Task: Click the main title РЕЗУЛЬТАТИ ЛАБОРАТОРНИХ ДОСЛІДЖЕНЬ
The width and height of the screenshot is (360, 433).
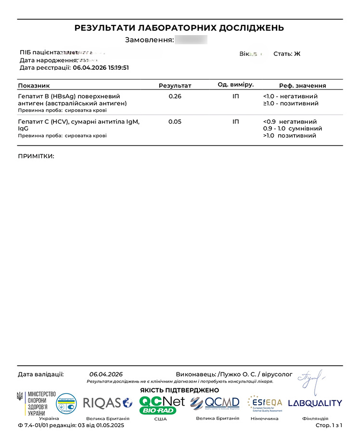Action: [x=179, y=28]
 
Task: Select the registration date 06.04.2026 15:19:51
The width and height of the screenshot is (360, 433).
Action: [x=101, y=68]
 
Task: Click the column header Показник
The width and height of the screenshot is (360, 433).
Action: [x=34, y=86]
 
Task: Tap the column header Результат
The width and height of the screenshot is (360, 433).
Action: [x=175, y=86]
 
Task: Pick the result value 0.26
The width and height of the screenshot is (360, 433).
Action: [x=175, y=96]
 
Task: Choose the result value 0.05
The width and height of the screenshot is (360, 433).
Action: [x=175, y=122]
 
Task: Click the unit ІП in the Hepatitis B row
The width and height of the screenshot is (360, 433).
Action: [x=235, y=96]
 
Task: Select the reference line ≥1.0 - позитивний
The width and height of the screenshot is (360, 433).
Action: [x=290, y=103]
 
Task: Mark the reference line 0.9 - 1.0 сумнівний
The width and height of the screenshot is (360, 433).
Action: [x=293, y=129]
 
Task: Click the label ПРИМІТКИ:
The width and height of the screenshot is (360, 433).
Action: [x=36, y=156]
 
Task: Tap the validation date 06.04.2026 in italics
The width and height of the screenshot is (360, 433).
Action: [x=106, y=374]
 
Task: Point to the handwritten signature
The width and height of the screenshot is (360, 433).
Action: [x=311, y=379]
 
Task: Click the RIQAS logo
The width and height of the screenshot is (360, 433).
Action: [x=107, y=403]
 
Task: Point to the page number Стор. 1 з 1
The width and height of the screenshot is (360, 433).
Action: [x=329, y=426]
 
